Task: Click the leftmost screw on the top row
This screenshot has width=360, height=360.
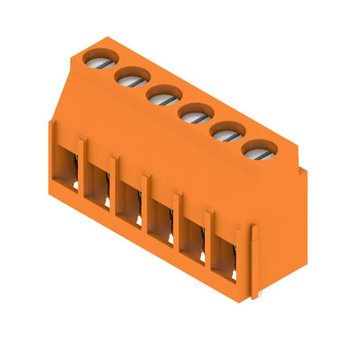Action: click(x=97, y=61)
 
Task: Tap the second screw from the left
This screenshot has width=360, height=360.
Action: click(x=129, y=79)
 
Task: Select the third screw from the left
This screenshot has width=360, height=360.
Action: click(x=161, y=97)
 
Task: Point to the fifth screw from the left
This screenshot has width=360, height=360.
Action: click(x=225, y=133)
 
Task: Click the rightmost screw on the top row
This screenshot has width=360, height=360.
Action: click(x=258, y=151)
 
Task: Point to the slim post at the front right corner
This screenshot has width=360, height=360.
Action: click(x=254, y=260)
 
